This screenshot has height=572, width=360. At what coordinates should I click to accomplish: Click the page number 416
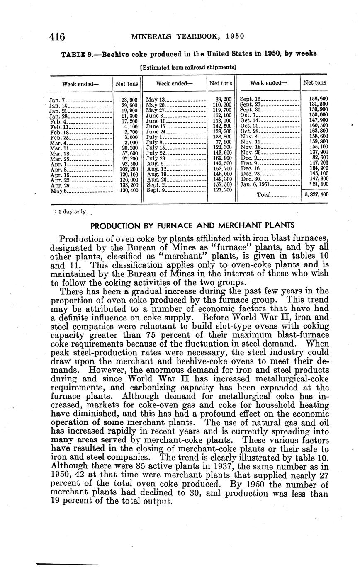click(57, 37)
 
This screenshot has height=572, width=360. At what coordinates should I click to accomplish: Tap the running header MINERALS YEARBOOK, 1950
click(187, 36)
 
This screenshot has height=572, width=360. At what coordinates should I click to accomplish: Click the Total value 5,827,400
click(316, 194)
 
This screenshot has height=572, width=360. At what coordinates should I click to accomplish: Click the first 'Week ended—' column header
click(80, 84)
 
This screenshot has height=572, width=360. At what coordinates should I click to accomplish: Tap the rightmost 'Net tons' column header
click(315, 83)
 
